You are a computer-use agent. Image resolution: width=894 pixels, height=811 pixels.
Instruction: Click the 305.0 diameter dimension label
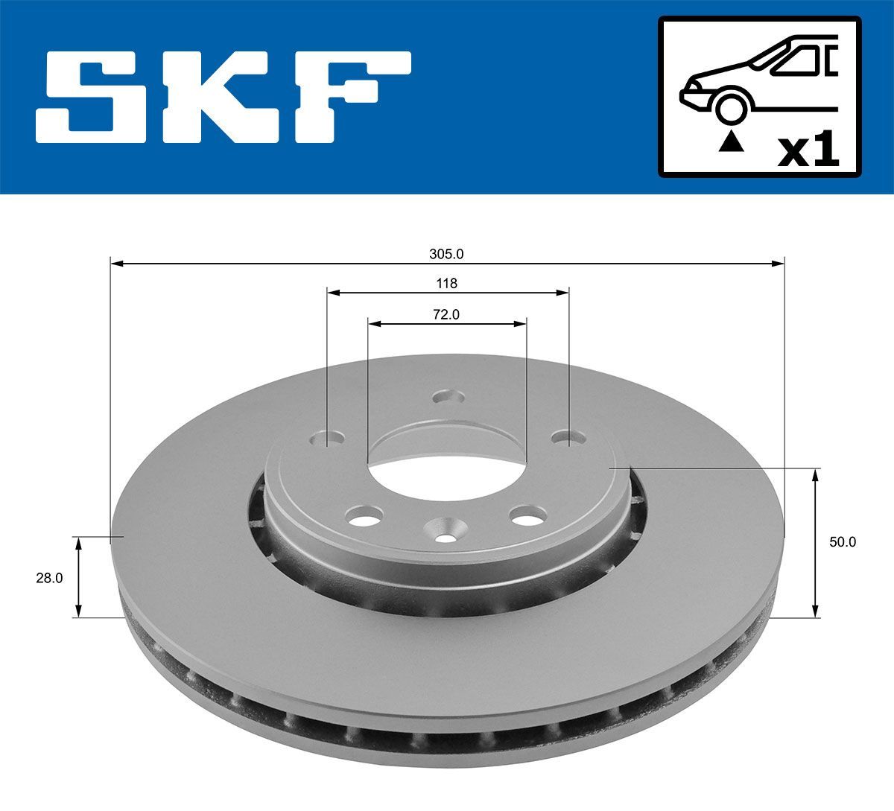[x=446, y=253]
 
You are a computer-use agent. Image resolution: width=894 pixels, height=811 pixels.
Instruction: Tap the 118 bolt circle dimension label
[x=446, y=283]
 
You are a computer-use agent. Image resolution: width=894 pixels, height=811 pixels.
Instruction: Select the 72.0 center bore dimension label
[x=446, y=314]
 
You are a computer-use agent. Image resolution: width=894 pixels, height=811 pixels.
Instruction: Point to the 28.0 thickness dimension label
[x=49, y=577]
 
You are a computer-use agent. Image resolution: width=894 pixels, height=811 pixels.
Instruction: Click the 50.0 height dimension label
[x=843, y=542]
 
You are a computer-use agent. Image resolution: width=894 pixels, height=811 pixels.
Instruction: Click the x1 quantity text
[x=808, y=151]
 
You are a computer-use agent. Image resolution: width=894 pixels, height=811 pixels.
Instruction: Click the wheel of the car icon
[x=731, y=106]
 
